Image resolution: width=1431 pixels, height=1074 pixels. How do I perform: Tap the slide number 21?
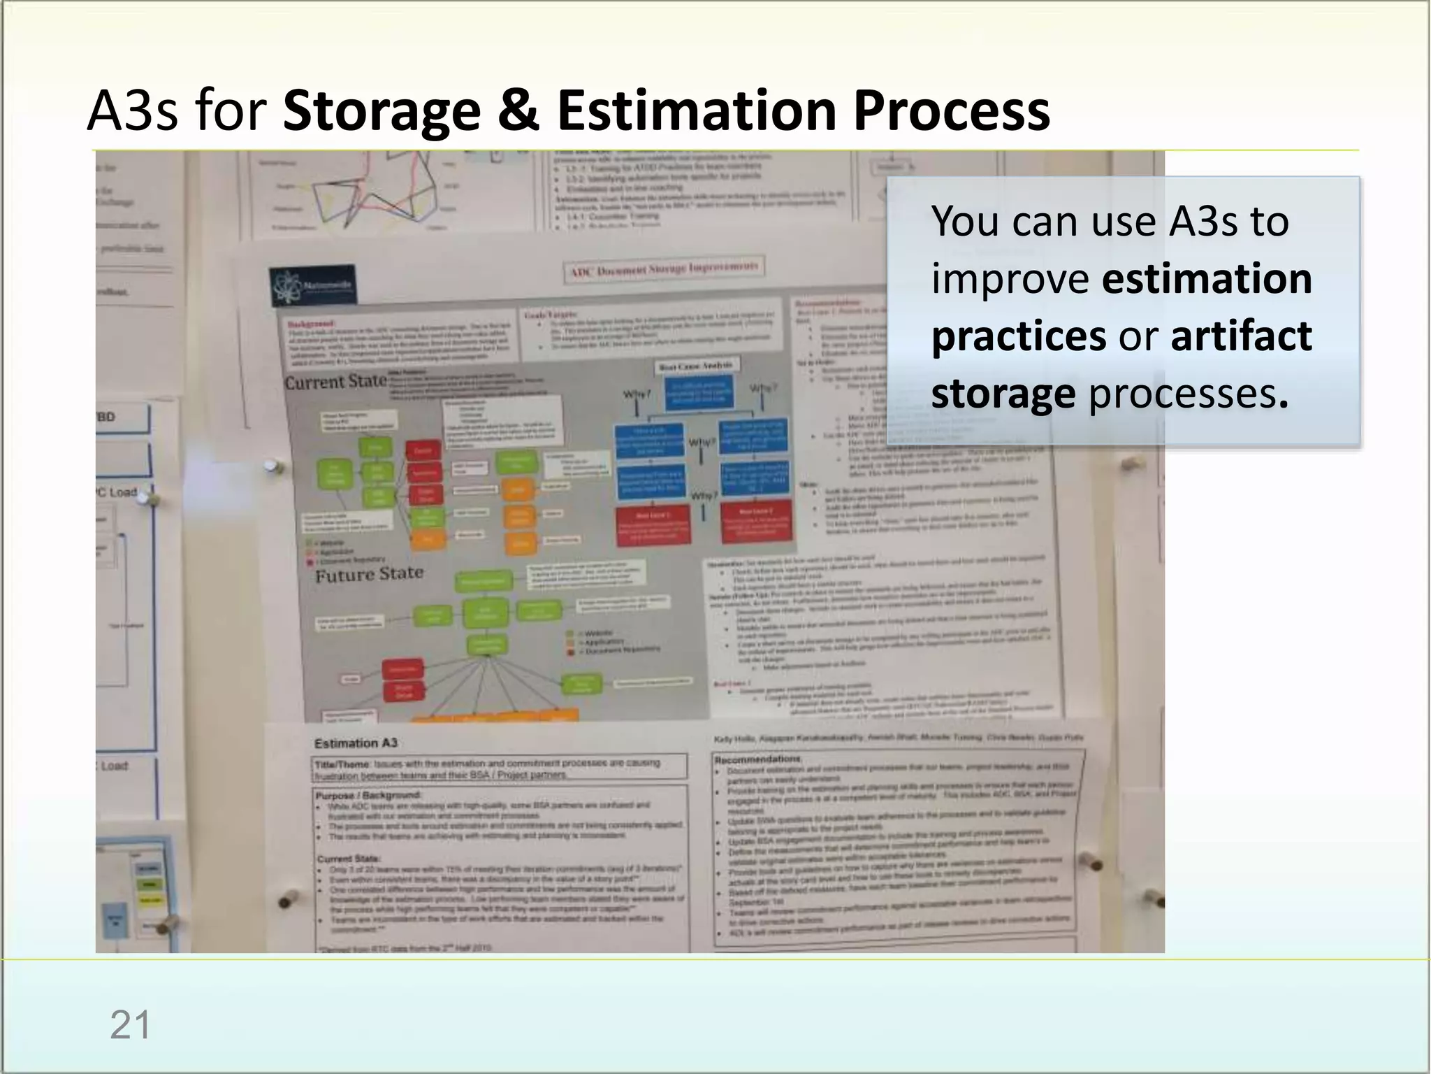point(130,1026)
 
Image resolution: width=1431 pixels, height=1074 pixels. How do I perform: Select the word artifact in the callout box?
point(1241,336)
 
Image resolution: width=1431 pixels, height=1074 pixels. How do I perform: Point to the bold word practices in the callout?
point(1018,336)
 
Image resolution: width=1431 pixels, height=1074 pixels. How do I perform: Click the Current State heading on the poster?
point(335,382)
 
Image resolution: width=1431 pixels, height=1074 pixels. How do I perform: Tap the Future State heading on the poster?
point(369,574)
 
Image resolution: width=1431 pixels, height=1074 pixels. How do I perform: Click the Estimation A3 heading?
point(355,743)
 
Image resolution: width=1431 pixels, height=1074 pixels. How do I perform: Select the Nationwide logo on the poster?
point(312,286)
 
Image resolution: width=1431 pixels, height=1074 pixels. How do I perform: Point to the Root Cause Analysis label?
point(696,366)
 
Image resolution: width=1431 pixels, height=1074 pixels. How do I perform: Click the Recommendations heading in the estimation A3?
point(757,759)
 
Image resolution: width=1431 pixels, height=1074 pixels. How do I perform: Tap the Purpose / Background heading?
point(368,796)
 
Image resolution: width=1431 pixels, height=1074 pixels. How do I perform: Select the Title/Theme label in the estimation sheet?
point(342,765)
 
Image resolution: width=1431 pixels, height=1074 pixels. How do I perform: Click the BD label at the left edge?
point(106,417)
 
